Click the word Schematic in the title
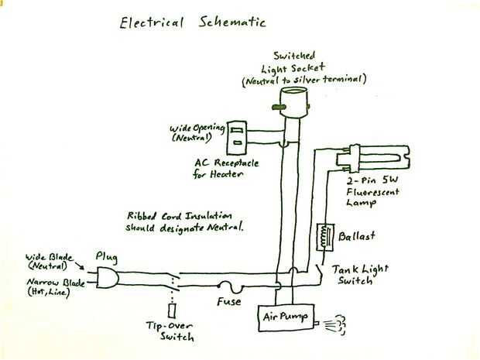231,22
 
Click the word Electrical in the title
152,23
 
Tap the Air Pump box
286,317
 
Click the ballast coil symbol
325,237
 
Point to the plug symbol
107,277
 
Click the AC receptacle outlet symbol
236,138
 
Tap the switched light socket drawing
293,101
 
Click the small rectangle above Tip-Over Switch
172,310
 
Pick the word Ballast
357,235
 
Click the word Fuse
228,301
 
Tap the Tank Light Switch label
360,275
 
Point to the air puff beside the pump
336,324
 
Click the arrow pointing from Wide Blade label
79,266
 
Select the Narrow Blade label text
56,286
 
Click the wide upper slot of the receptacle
237,131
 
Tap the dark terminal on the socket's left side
279,107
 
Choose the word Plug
106,257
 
